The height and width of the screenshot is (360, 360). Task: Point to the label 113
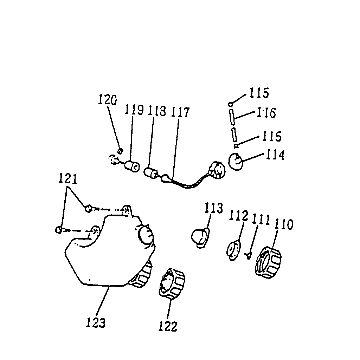[x=214, y=208]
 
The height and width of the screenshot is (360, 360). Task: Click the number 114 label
[x=275, y=155]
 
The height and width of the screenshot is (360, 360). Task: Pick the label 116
[x=266, y=113]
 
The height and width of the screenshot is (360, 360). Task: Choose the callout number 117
[x=180, y=112]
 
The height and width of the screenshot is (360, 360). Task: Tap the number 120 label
[x=108, y=100]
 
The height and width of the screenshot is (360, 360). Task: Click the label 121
[x=67, y=179]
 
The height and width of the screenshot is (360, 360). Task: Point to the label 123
[x=96, y=322]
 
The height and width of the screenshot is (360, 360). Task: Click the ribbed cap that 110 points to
[x=268, y=264]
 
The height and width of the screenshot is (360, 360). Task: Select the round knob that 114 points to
[x=236, y=163]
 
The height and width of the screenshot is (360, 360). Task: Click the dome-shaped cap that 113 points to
[x=200, y=237]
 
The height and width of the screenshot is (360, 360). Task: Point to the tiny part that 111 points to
[x=249, y=255]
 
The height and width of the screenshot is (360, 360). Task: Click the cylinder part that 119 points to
[x=133, y=166]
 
